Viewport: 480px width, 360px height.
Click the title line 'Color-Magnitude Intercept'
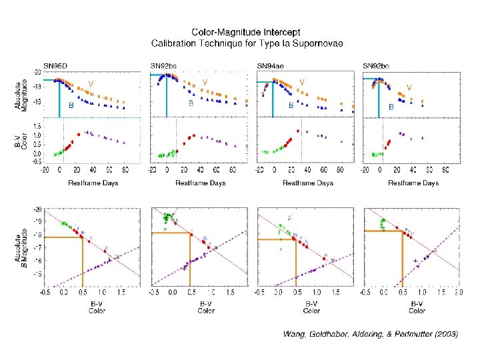point(245,31)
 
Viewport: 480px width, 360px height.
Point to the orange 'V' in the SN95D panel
point(91,83)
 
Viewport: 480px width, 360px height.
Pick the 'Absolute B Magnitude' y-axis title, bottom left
point(24,247)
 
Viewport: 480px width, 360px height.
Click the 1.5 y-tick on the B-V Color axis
point(37,125)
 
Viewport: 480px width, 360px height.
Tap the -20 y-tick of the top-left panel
point(39,71)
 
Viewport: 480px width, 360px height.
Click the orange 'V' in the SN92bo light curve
point(409,87)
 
